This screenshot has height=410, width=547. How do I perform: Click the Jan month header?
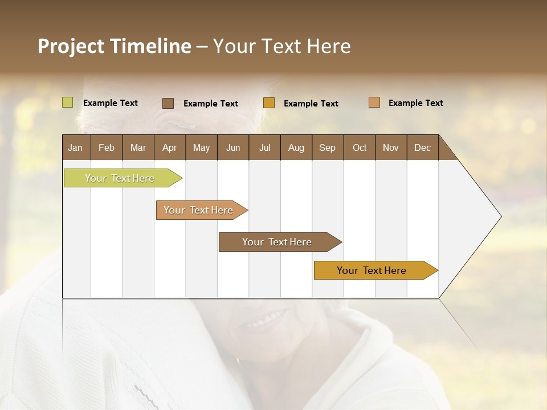coord(75,147)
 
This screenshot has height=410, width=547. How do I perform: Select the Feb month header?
coord(107,147)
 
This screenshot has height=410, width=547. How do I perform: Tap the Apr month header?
coord(169,147)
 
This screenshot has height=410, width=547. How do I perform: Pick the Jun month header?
coord(233,147)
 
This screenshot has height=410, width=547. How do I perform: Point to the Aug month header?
coord(296,147)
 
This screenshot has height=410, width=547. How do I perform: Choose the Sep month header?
coord(327,147)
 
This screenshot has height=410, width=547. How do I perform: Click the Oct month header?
coord(360,147)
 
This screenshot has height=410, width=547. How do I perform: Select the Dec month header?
coord(422,147)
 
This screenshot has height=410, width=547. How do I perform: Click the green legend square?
coord(68,102)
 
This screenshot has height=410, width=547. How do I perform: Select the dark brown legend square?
coord(168,103)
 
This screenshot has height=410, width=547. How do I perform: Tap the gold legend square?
coord(269,103)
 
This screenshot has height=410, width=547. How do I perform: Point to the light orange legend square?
coord(374,102)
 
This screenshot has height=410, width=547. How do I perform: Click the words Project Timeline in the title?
coord(115,46)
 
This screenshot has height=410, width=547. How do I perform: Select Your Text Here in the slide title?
coord(281,46)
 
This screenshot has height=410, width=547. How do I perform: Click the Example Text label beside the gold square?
coord(311,104)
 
